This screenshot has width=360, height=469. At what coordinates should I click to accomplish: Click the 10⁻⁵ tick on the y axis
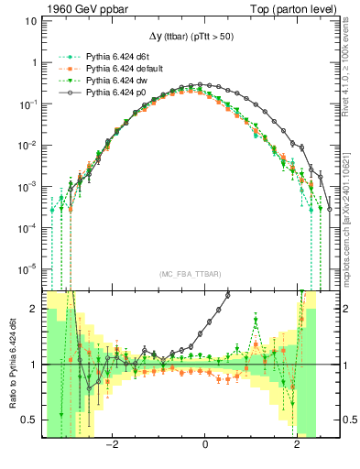click(x=29, y=268)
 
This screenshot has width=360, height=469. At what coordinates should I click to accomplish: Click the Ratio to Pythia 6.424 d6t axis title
click(x=11, y=363)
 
